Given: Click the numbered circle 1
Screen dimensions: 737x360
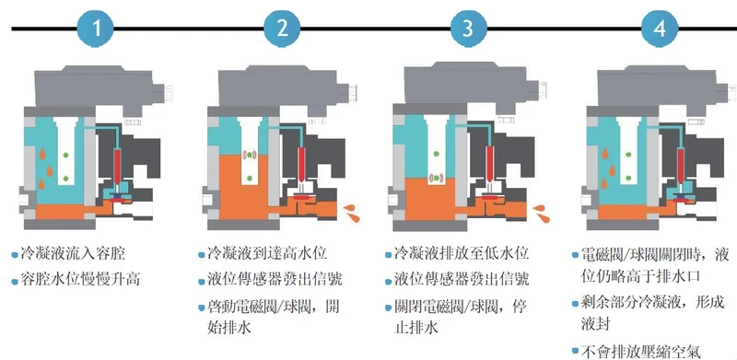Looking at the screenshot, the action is click(x=96, y=29).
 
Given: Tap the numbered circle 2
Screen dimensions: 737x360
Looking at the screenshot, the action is click(x=282, y=29).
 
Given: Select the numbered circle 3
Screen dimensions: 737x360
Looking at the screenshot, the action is click(x=468, y=29).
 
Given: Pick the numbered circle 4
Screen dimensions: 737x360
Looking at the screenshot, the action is click(x=660, y=29).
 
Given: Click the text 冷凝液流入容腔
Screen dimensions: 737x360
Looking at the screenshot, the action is click(x=73, y=254).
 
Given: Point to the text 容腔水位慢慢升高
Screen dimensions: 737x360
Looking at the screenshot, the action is click(x=80, y=281).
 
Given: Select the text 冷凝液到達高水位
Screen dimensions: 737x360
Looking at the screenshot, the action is click(x=267, y=254).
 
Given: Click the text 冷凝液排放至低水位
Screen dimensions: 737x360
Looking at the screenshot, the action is click(x=462, y=254).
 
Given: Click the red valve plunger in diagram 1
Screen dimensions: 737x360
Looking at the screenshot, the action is click(x=117, y=166).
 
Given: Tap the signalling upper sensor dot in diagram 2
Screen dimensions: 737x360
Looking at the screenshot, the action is click(x=250, y=155).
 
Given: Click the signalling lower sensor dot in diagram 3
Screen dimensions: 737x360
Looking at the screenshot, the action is click(x=437, y=178).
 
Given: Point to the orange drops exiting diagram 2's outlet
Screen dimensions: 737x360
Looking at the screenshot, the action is click(x=352, y=213).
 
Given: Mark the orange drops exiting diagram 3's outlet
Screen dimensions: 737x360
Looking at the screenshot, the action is click(x=540, y=213).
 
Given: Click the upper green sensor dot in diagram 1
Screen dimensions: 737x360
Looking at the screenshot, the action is click(x=65, y=155).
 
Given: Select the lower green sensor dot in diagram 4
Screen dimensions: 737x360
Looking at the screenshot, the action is click(x=628, y=178).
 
